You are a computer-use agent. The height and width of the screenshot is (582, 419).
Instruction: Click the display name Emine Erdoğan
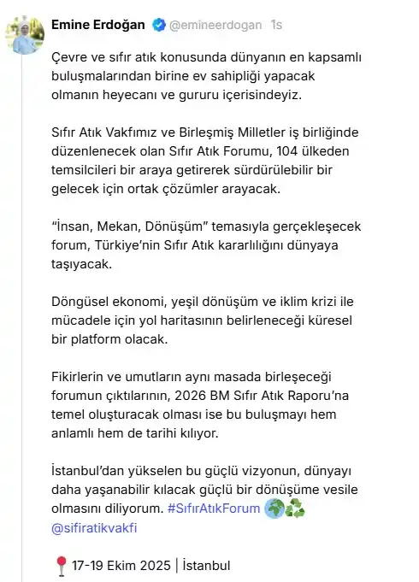coord(98,26)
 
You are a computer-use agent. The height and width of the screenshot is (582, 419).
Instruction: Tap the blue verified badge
coord(158,26)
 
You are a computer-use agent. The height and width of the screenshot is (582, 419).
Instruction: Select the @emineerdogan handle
coord(215,26)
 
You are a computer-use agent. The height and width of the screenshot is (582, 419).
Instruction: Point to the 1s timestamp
coord(276,26)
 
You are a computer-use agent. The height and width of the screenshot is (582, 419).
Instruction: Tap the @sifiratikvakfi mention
coord(95,527)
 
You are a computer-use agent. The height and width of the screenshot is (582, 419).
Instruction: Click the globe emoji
coord(274,508)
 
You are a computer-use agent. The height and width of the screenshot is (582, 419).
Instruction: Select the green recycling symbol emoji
coord(295,508)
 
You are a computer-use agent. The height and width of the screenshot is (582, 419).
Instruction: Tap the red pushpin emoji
coord(60,565)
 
